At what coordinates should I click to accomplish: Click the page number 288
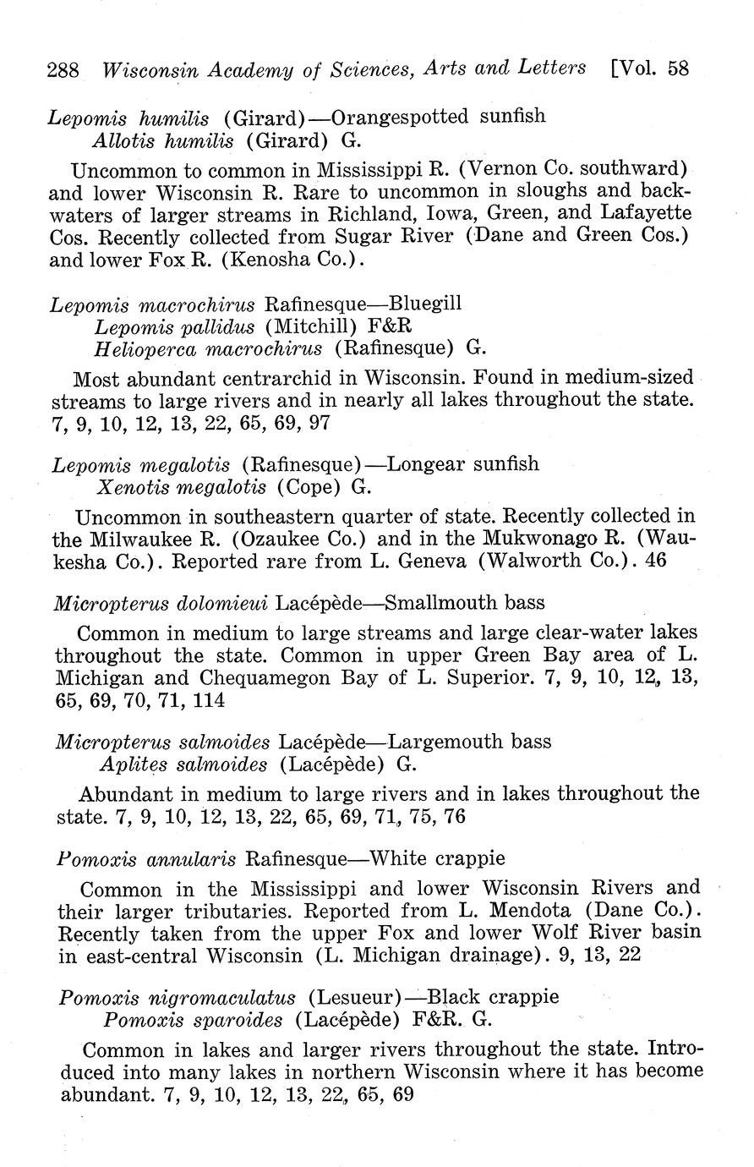63,69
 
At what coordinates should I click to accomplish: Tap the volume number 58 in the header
679,68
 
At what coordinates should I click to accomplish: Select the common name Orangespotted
402,116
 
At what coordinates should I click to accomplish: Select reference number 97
320,423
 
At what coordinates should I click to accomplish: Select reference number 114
209,701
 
